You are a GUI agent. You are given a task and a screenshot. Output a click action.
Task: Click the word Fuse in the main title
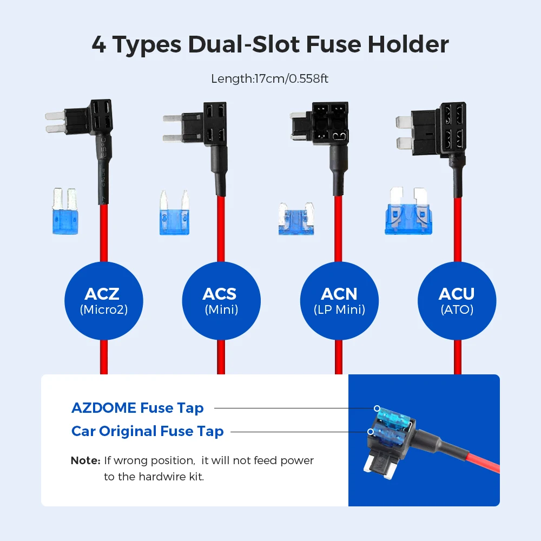(333, 44)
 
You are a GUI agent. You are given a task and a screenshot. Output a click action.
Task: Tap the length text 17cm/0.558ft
(291, 78)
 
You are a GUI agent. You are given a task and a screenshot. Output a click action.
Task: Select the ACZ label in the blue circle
(102, 294)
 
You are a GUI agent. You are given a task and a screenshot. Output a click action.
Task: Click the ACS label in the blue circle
(220, 294)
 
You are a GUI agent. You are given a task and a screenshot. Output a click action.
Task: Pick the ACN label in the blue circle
(339, 294)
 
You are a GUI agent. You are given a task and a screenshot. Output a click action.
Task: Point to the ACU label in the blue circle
(457, 294)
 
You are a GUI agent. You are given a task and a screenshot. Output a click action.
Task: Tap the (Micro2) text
(104, 309)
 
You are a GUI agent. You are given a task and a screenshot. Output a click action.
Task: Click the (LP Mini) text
(340, 309)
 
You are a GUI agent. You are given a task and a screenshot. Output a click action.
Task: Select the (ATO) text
(457, 309)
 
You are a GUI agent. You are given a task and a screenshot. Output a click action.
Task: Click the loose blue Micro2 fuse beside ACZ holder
(65, 212)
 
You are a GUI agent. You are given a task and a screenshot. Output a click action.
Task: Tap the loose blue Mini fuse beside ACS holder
(175, 213)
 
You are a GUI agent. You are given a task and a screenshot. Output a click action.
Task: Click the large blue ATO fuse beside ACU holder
(408, 211)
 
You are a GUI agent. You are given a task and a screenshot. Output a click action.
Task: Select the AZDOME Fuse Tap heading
(137, 408)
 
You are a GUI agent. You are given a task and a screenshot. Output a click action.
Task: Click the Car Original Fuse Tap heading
(147, 431)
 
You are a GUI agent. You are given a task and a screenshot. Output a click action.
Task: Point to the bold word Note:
(85, 460)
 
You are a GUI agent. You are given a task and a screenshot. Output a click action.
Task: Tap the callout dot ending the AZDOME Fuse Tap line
(377, 408)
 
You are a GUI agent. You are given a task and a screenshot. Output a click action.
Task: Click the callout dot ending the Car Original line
(370, 432)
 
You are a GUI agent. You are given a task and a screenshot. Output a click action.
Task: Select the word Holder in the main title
(408, 44)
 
